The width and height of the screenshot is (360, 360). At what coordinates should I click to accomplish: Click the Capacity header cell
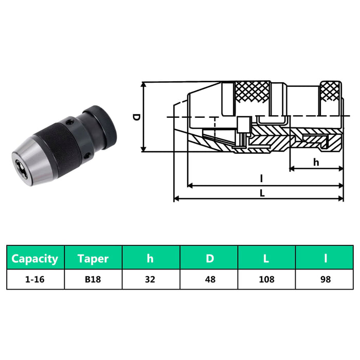[x=35, y=258]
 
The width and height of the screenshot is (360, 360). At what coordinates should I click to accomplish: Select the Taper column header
[x=93, y=258]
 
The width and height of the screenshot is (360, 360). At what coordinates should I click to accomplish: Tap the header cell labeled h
[x=151, y=258]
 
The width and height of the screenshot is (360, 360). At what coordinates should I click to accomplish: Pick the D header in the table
[x=209, y=258]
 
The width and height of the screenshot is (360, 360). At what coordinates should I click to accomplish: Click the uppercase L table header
[x=266, y=258]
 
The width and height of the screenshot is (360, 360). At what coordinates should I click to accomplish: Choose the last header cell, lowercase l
[x=325, y=258]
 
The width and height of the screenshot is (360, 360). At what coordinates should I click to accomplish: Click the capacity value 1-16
[x=35, y=279]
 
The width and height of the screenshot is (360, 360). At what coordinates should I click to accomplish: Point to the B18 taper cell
[x=93, y=279]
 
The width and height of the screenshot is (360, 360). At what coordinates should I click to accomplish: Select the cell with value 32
[x=151, y=279]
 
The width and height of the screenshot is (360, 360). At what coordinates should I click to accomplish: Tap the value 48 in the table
[x=209, y=279]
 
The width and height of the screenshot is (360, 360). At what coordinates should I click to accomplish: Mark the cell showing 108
[x=266, y=279]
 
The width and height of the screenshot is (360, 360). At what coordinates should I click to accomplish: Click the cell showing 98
[x=325, y=279]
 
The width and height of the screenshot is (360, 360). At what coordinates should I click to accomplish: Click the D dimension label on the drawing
[x=136, y=117]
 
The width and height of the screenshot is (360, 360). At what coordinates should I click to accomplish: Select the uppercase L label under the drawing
[x=262, y=193]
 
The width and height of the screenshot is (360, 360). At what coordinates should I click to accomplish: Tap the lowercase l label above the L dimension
[x=262, y=179]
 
